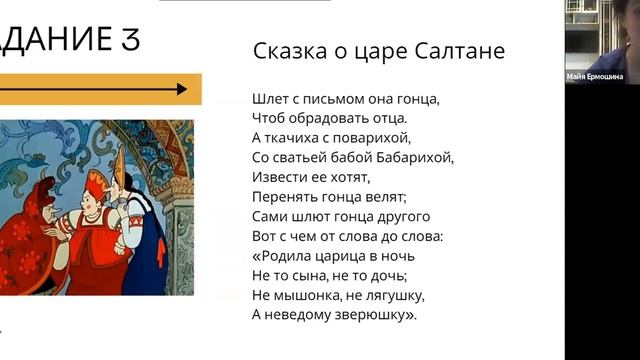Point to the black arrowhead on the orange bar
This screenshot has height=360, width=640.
point(181,89)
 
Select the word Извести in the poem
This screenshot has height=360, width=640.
point(278,177)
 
